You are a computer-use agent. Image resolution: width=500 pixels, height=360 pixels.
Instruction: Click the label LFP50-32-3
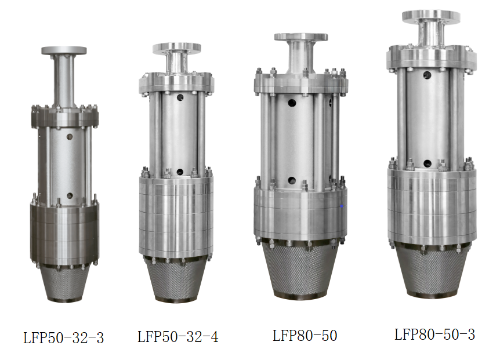point(64,338)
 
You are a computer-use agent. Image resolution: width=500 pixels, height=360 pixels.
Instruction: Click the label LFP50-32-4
point(178,337)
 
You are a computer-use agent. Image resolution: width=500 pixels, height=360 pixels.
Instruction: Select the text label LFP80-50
point(305,336)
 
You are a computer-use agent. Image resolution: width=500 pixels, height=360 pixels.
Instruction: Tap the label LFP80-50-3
point(434,334)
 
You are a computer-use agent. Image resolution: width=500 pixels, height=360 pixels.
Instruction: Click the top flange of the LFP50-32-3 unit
point(64,50)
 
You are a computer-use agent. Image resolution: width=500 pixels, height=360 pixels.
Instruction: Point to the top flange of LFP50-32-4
point(177,49)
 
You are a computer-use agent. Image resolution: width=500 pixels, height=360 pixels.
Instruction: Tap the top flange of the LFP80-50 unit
point(301,37)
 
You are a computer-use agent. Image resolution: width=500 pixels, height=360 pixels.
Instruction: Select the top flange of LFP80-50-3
point(431,17)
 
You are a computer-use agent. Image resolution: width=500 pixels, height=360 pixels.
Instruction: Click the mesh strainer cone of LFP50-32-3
point(65,283)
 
